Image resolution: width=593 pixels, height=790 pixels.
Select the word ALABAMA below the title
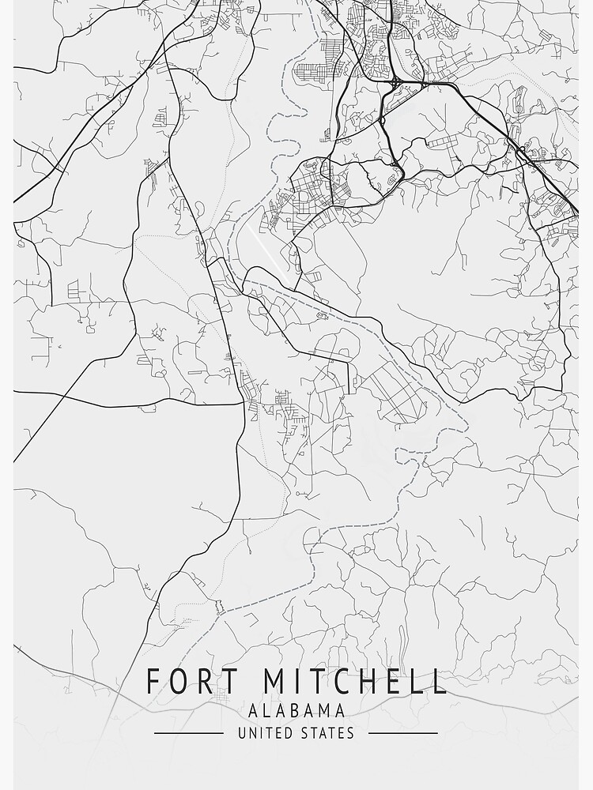click(x=296, y=710)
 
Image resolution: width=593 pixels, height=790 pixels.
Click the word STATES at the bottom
click(x=327, y=733)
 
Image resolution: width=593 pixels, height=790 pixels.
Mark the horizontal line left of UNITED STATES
click(x=188, y=733)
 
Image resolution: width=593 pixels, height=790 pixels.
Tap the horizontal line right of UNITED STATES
click(x=403, y=733)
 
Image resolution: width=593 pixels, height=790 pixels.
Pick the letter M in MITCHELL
click(x=274, y=682)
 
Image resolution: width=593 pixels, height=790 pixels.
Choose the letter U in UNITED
click(x=242, y=733)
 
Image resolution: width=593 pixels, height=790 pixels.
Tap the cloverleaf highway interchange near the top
click(x=395, y=81)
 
